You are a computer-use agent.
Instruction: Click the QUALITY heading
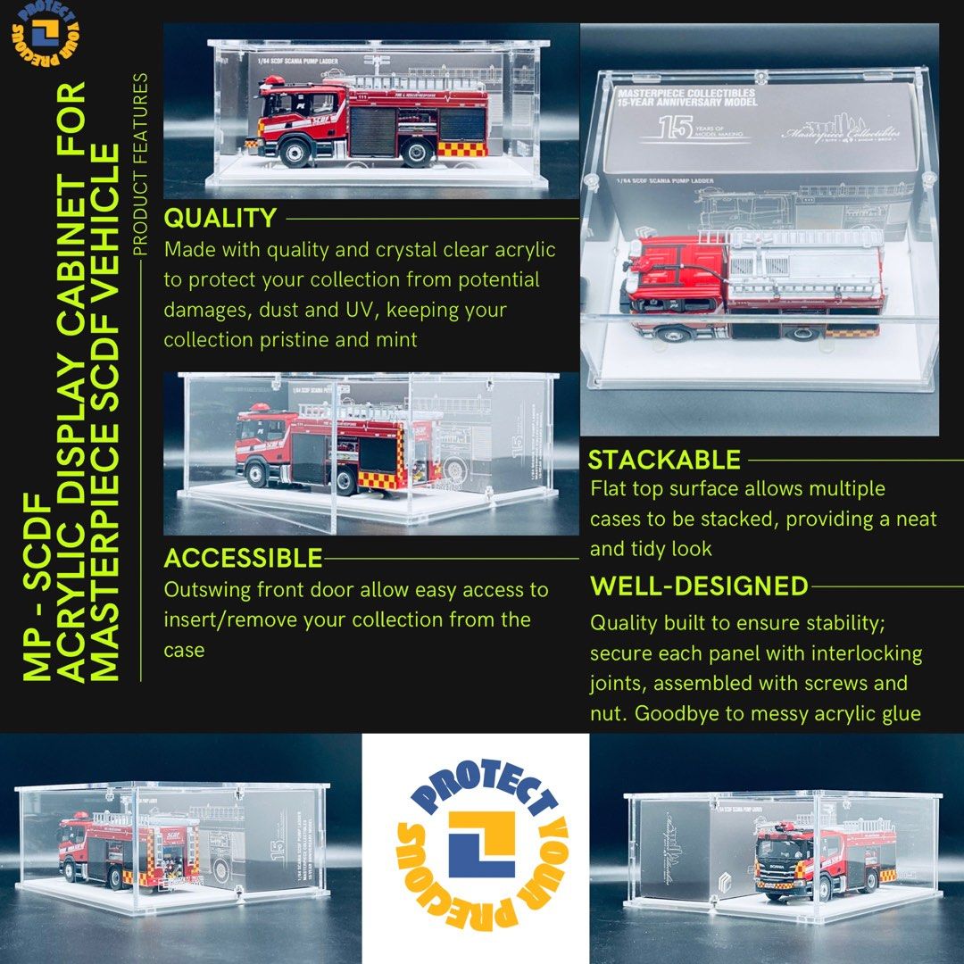click(220, 218)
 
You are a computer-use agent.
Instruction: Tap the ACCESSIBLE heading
click(243, 558)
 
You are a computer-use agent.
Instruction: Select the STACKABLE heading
click(664, 460)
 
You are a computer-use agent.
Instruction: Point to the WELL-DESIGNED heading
click(699, 586)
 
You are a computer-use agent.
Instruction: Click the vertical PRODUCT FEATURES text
click(140, 165)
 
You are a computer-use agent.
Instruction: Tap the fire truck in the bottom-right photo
click(809, 856)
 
